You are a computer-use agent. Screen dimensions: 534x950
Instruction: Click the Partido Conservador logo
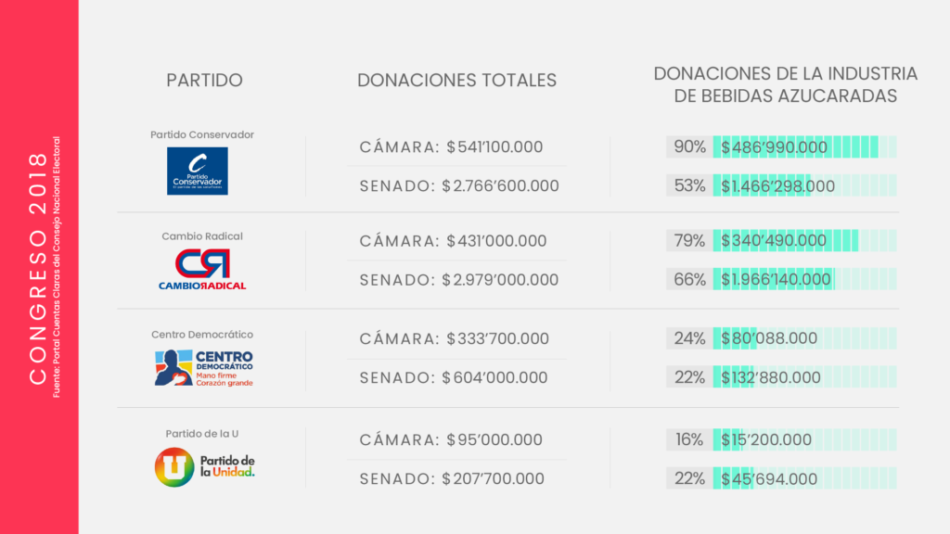[x=197, y=171]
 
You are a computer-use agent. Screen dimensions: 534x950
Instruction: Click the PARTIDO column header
[x=204, y=80]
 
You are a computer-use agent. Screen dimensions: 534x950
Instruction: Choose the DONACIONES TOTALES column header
[x=456, y=80]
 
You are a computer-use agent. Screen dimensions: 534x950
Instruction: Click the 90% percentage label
[x=689, y=146]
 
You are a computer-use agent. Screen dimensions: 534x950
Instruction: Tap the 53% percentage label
[x=689, y=185]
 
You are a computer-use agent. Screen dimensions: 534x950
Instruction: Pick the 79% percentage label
[x=689, y=241]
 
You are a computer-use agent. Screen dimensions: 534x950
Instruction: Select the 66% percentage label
[x=689, y=280]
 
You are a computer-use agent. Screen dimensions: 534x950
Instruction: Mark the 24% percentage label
[x=689, y=338]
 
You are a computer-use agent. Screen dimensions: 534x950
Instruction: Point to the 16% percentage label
[x=689, y=439]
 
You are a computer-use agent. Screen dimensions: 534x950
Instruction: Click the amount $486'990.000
[x=774, y=146]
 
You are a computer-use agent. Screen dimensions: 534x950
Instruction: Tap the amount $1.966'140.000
[x=776, y=280]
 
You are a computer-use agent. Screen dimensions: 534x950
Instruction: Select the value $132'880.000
[x=770, y=377]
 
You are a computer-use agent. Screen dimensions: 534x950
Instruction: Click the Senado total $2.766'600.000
[x=502, y=185]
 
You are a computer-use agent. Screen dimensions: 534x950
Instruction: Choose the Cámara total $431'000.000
[x=497, y=241]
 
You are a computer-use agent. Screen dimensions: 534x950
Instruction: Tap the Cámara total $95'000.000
[x=494, y=439]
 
